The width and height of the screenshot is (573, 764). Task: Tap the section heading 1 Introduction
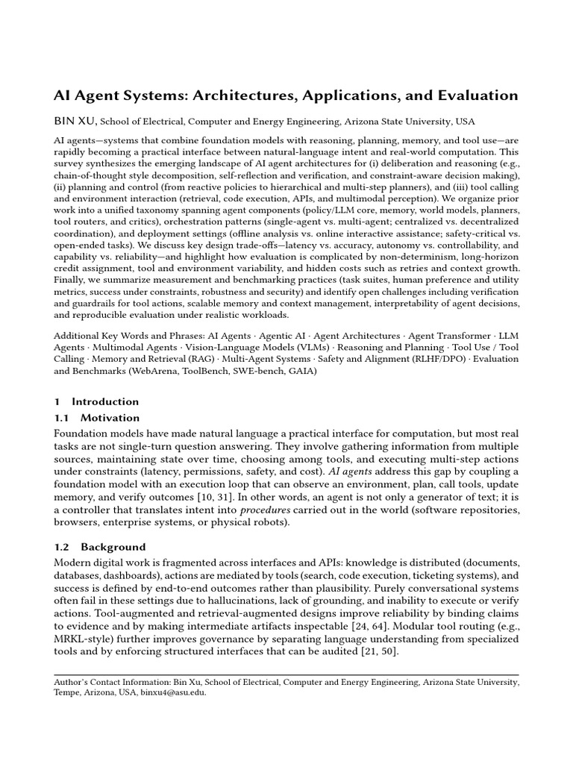[x=96, y=401]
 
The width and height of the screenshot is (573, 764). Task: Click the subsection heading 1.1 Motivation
[x=96, y=417]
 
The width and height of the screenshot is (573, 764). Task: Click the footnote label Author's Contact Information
[x=113, y=681]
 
